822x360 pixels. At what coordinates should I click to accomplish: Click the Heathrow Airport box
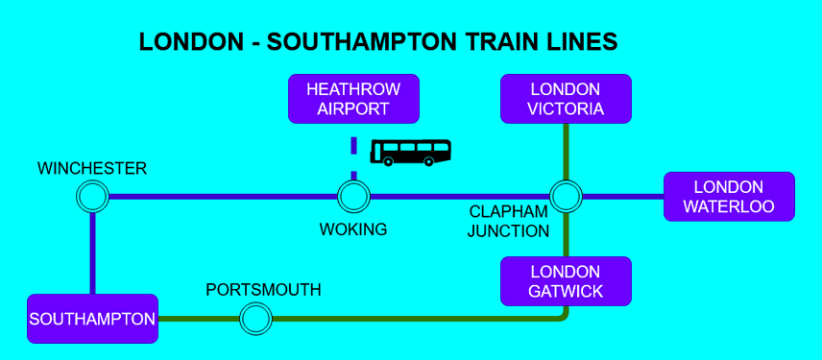point(353,98)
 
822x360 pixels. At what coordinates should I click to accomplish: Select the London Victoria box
point(566,98)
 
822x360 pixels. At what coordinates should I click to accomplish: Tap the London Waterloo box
point(729,197)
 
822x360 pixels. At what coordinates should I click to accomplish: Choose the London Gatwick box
point(566,281)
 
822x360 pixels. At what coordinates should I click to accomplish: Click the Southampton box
point(92,319)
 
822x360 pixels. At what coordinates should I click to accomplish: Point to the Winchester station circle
point(92,197)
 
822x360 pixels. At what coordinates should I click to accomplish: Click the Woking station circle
point(353,197)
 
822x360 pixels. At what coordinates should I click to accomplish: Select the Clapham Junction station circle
point(566,197)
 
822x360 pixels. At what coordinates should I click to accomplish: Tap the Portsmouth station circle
point(255,318)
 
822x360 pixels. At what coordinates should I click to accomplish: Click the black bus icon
point(411,151)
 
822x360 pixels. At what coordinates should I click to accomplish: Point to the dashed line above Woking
point(353,154)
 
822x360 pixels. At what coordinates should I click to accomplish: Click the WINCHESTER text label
point(92,169)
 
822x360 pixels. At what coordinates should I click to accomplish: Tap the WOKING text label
point(353,229)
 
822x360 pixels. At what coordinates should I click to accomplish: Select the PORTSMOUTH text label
point(263,290)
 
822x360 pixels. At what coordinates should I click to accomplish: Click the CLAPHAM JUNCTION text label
point(508,221)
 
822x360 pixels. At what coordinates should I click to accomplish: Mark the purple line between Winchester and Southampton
point(92,252)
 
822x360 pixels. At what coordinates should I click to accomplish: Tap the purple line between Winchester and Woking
point(221,197)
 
